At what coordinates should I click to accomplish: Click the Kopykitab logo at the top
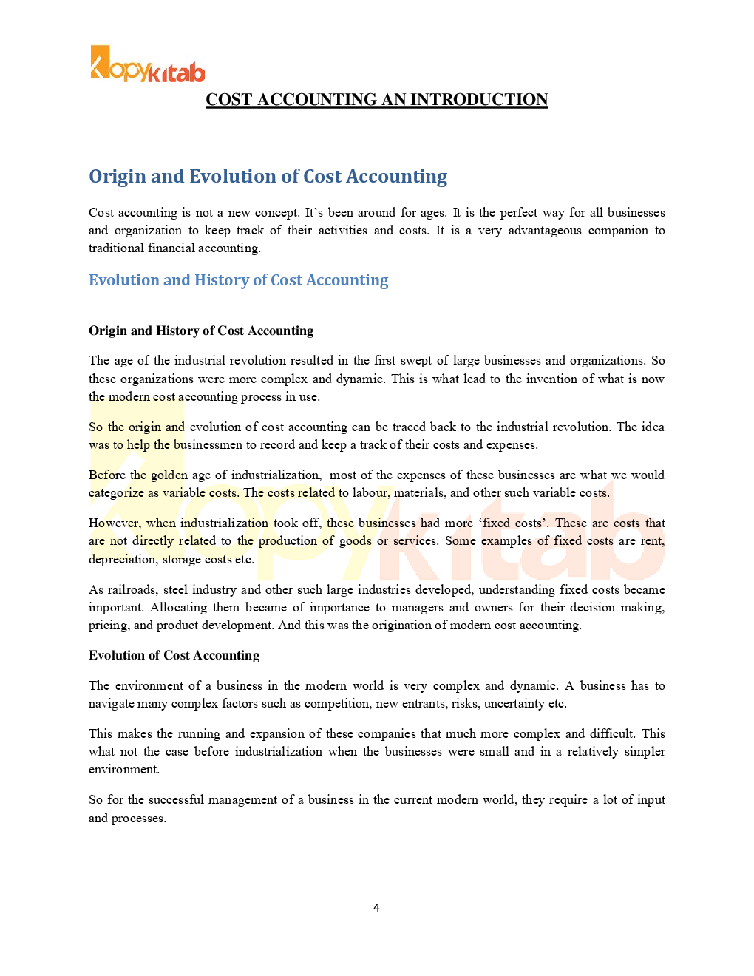click(147, 65)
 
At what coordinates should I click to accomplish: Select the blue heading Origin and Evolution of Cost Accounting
click(268, 177)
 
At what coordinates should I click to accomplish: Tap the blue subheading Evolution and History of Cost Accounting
click(238, 280)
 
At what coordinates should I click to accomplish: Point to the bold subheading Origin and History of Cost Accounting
click(201, 331)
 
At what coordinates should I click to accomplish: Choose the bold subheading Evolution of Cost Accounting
click(174, 655)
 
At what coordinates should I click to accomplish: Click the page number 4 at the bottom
click(376, 908)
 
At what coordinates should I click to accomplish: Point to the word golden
click(169, 475)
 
